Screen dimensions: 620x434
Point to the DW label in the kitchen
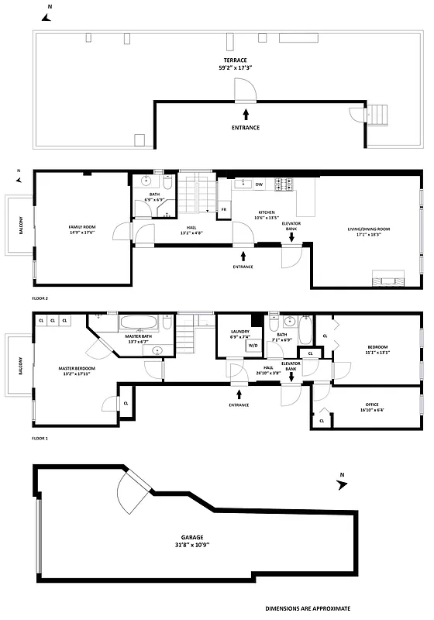(259, 184)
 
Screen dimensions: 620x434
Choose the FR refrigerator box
(224, 209)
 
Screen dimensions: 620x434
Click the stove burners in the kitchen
(284, 184)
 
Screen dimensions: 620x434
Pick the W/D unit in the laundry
(253, 346)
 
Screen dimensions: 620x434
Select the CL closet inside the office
(321, 420)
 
